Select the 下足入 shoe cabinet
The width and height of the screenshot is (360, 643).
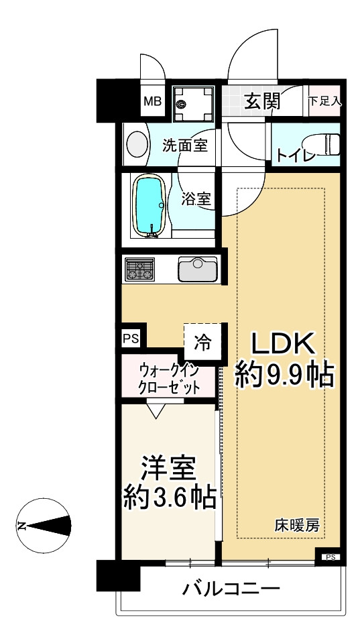325,101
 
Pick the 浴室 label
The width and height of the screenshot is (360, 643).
197,198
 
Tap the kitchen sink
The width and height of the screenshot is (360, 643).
198,270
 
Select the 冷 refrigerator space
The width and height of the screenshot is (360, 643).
202,342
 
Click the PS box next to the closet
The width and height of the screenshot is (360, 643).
130,339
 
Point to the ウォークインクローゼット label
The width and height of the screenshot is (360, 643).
170,379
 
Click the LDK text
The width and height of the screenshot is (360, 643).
283,343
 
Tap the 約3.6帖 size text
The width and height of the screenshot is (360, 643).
169,497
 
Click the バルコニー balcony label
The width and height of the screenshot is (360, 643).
231,590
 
